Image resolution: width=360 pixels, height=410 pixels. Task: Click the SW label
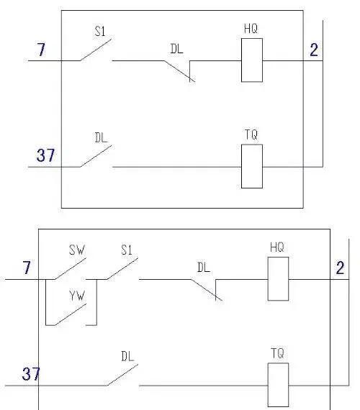click(x=77, y=250)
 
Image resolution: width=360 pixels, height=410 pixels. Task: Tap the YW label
click(x=77, y=296)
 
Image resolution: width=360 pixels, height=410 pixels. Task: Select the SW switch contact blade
click(x=70, y=269)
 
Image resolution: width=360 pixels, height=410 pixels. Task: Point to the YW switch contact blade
click(x=71, y=314)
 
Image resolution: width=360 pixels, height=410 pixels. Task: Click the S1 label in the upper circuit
click(x=100, y=32)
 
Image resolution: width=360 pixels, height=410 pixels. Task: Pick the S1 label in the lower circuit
click(x=127, y=250)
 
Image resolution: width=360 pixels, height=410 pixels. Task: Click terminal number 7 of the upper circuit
click(x=41, y=50)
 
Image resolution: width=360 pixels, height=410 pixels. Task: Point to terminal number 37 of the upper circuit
click(x=45, y=155)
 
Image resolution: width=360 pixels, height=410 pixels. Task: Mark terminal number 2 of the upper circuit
click(x=314, y=50)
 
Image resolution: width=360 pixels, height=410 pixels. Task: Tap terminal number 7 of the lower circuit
click(x=27, y=268)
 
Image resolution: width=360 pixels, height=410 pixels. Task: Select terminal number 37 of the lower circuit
click(x=31, y=373)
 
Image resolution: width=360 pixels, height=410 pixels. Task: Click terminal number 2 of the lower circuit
click(x=340, y=268)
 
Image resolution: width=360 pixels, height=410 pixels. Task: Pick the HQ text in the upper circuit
click(x=251, y=29)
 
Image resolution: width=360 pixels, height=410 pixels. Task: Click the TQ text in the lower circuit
click(x=277, y=353)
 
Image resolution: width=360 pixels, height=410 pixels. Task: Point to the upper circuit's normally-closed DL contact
click(x=179, y=71)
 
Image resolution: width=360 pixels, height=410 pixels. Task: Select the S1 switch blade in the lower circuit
click(x=122, y=268)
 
